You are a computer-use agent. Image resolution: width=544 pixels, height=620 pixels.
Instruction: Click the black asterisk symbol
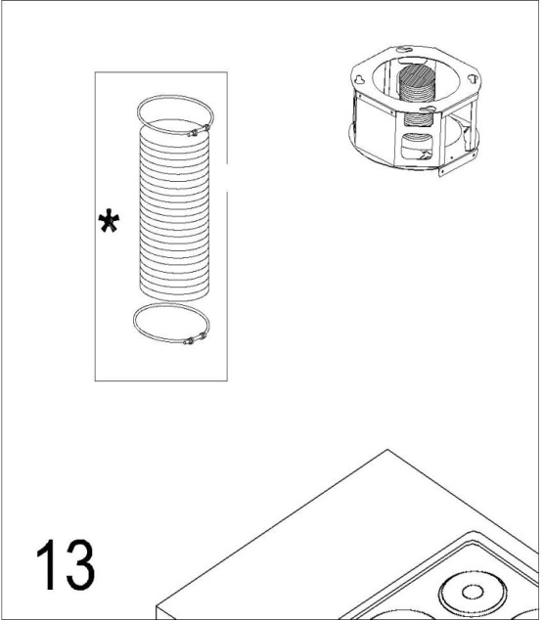[x=109, y=221]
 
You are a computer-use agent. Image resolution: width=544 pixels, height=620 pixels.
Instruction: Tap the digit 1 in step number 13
[x=46, y=564]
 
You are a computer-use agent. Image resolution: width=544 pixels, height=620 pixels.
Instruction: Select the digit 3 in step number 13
[x=80, y=564]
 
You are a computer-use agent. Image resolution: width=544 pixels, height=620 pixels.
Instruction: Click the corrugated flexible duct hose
[x=174, y=209]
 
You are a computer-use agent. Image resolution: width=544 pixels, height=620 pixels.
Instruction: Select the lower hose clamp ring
[x=134, y=323]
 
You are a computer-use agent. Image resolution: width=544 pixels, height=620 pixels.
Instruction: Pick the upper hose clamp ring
[x=139, y=114]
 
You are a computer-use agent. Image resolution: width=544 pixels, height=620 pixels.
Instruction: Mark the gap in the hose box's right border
[x=227, y=178]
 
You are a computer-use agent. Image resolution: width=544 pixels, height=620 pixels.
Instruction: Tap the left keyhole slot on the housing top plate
[x=360, y=80]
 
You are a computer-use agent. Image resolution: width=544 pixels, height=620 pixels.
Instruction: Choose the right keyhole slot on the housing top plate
[x=473, y=78]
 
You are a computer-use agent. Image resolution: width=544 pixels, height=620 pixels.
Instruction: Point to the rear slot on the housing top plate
[x=403, y=50]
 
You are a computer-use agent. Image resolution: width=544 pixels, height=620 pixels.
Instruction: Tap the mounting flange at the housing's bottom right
[x=458, y=164]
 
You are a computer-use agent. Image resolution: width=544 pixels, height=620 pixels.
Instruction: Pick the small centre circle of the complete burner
[x=473, y=593]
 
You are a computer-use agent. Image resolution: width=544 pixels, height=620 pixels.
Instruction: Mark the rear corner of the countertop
[x=387, y=450]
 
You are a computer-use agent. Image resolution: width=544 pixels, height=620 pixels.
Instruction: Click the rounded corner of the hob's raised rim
[x=475, y=532]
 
